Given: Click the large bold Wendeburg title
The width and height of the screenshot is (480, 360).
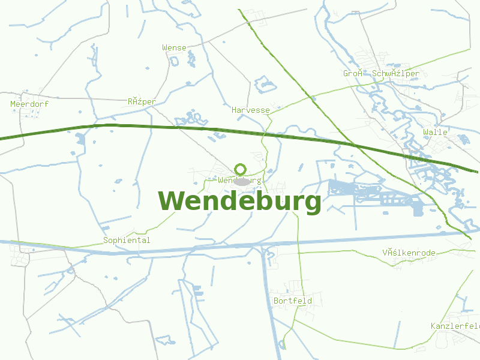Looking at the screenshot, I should pos(240,202).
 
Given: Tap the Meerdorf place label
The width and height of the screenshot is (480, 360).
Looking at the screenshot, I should pos(29,104).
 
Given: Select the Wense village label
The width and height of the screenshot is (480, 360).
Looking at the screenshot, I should pos(174,47).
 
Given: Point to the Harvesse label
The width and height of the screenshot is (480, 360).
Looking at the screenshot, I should pos(251,110).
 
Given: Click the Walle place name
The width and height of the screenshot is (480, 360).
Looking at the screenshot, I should pos(435,132).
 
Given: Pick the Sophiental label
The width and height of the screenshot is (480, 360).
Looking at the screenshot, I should pos(127,241).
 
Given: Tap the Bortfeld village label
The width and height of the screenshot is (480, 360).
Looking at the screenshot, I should pos(293,301).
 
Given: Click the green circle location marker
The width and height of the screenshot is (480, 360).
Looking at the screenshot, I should pos(241,169).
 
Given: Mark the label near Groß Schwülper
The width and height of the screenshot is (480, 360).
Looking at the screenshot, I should pos(381,74).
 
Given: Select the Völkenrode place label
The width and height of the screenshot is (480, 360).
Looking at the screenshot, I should pos(409,253).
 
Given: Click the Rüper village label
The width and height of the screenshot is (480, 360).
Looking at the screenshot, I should pos(142,102).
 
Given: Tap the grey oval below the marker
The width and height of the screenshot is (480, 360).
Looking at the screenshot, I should pos(242,181).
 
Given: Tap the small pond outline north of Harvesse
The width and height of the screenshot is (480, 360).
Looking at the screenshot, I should pos(265,83).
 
